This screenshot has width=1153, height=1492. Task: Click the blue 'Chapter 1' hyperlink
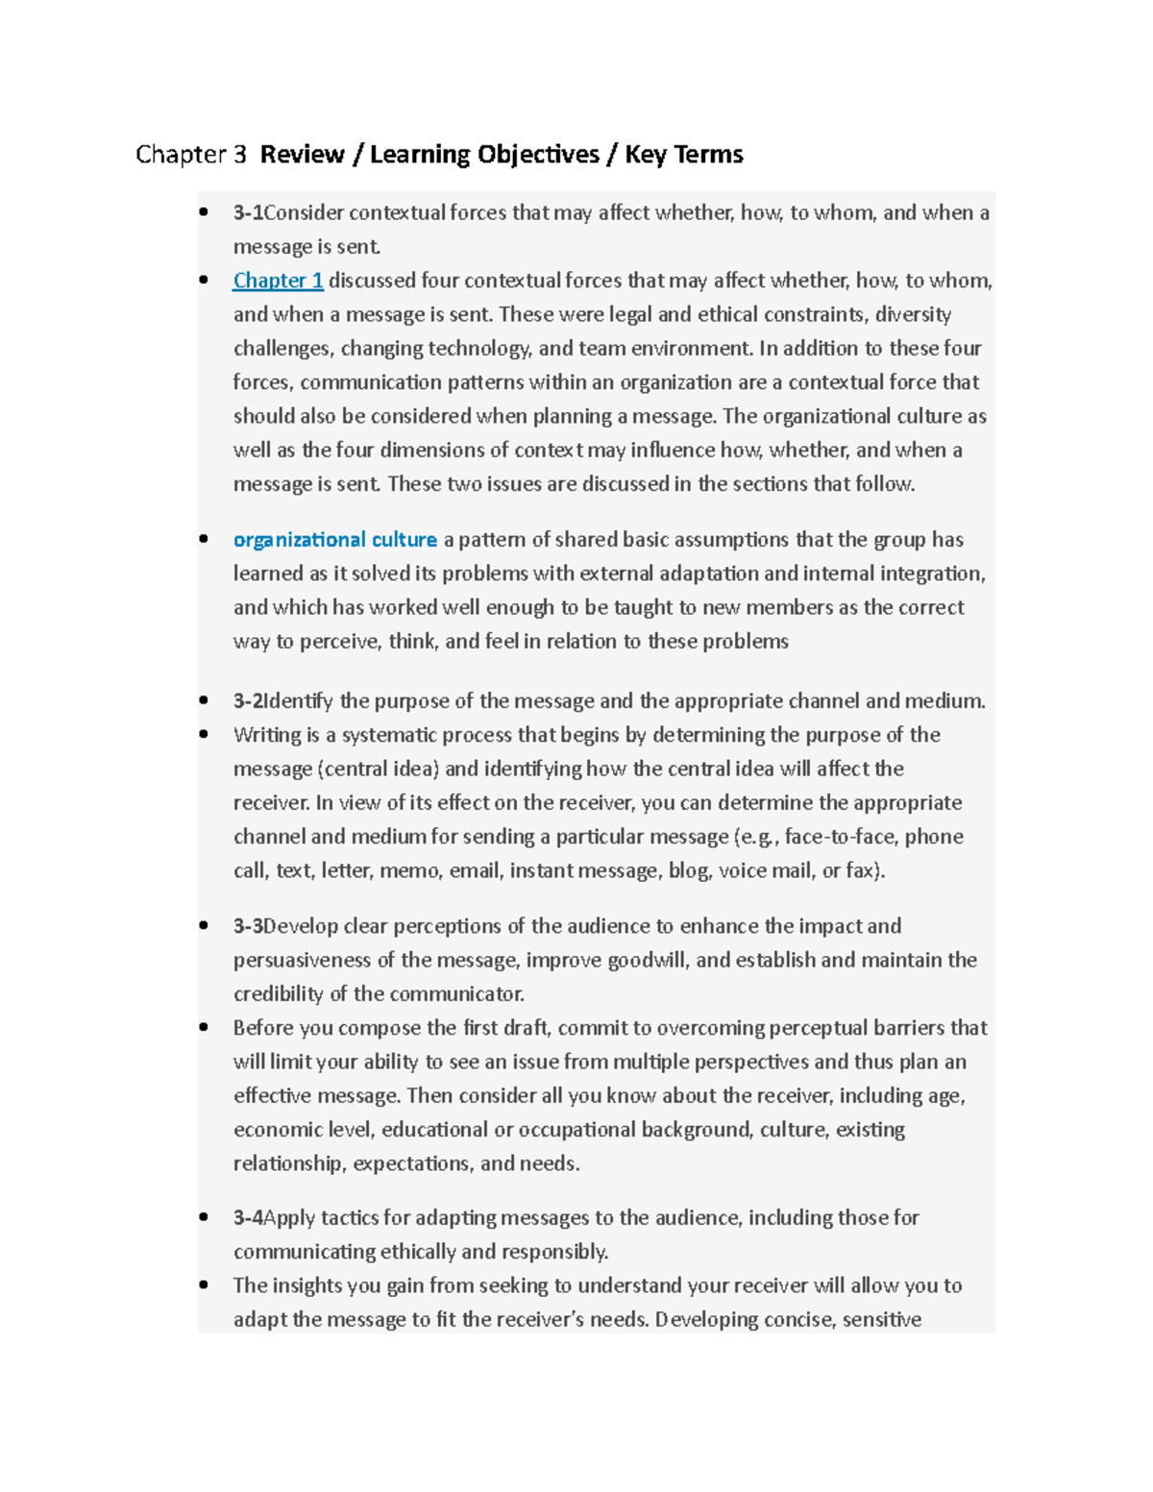(278, 281)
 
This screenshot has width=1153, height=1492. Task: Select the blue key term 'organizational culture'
(334, 540)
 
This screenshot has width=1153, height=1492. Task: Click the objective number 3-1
(248, 213)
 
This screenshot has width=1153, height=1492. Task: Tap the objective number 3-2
(248, 701)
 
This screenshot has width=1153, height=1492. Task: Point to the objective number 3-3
(248, 926)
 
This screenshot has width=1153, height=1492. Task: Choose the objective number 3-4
(248, 1218)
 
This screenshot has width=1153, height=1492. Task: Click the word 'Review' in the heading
(302, 155)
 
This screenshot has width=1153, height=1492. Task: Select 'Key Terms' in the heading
(683, 155)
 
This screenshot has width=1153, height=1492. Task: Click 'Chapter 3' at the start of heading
(191, 155)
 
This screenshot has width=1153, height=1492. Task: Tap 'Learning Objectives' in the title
(484, 155)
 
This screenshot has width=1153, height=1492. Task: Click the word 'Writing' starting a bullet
(266, 736)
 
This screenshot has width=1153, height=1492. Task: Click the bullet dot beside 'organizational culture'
(204, 539)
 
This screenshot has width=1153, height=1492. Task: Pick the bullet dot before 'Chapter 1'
(204, 281)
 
